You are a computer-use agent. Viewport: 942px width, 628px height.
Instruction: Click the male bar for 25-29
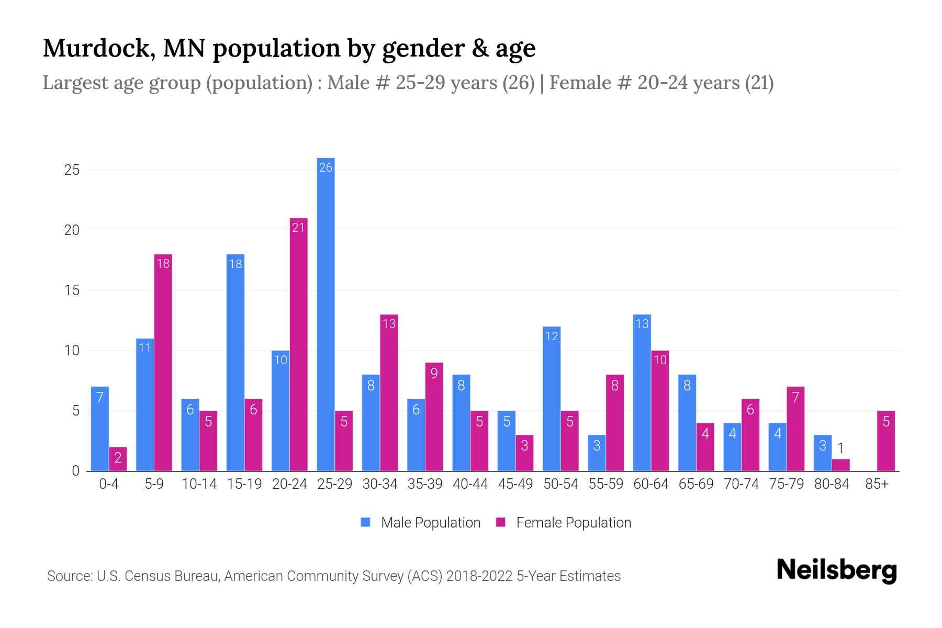(326, 314)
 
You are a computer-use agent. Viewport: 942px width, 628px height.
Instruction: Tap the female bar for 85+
(885, 441)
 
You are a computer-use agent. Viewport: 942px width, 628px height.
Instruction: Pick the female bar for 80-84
(840, 465)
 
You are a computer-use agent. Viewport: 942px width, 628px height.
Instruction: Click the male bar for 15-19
(235, 362)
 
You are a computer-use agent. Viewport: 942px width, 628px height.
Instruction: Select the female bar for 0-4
(118, 459)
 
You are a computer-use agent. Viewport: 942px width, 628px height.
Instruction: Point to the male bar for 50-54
(552, 399)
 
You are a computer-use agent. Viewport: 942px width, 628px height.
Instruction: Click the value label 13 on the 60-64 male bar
(642, 324)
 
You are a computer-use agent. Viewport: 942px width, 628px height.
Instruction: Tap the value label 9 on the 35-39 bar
(434, 373)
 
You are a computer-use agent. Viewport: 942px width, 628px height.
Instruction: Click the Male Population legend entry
(420, 522)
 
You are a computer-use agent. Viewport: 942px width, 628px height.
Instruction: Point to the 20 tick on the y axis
(72, 230)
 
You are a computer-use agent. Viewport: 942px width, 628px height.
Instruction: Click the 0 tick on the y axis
(75, 471)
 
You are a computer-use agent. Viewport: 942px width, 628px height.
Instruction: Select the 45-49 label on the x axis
(515, 484)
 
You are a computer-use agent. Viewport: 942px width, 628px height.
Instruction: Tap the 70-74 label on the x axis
(741, 484)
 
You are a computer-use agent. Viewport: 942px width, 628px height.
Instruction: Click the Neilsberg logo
(836, 570)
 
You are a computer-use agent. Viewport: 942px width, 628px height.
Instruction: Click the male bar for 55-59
(597, 453)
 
